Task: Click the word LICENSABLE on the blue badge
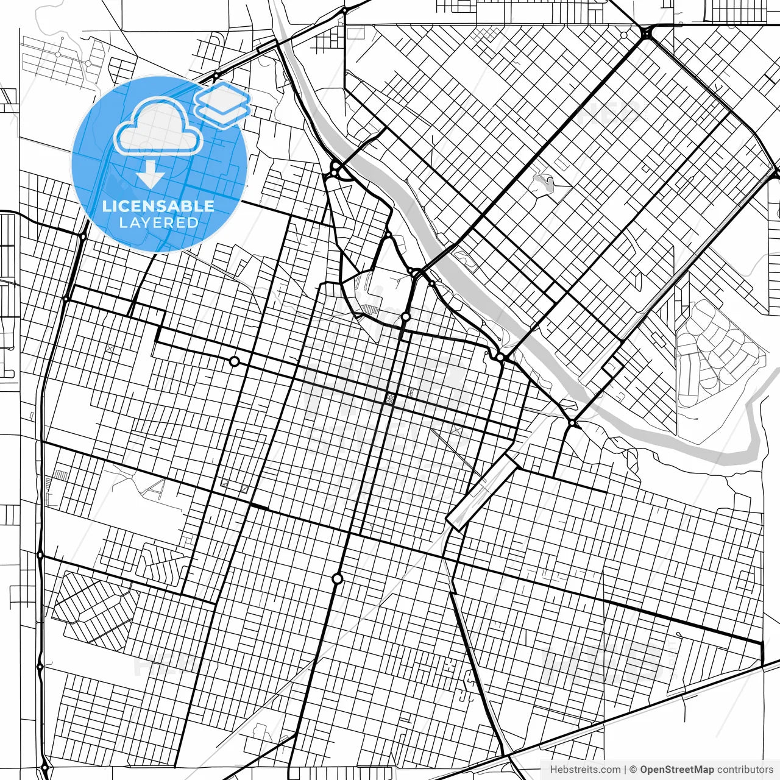158,206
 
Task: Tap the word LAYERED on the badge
158,223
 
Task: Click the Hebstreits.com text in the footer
585,770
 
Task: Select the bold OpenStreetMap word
676,770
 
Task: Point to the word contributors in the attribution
745,770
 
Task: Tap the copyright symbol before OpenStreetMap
633,770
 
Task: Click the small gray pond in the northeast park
544,182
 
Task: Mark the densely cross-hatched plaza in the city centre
389,399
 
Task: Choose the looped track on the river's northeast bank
466,259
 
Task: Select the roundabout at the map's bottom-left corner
44,767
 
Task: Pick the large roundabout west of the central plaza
234,361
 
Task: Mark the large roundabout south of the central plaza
337,578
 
